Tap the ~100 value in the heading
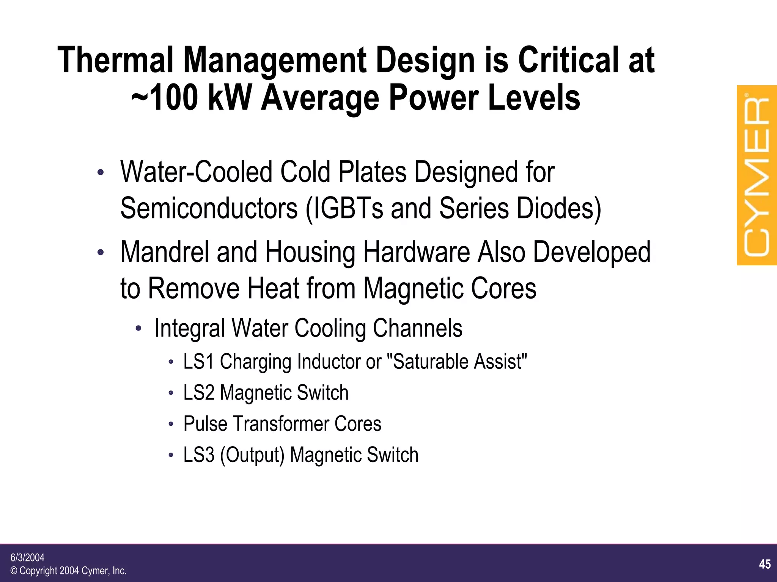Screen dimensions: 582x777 (165, 98)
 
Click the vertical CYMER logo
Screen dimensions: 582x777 (757, 175)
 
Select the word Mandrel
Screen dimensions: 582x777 (165, 252)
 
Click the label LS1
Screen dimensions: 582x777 (199, 361)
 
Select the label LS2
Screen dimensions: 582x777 (199, 392)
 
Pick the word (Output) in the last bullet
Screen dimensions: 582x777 (252, 455)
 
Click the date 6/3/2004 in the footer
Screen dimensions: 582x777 (27, 557)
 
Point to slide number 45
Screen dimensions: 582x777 (765, 564)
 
